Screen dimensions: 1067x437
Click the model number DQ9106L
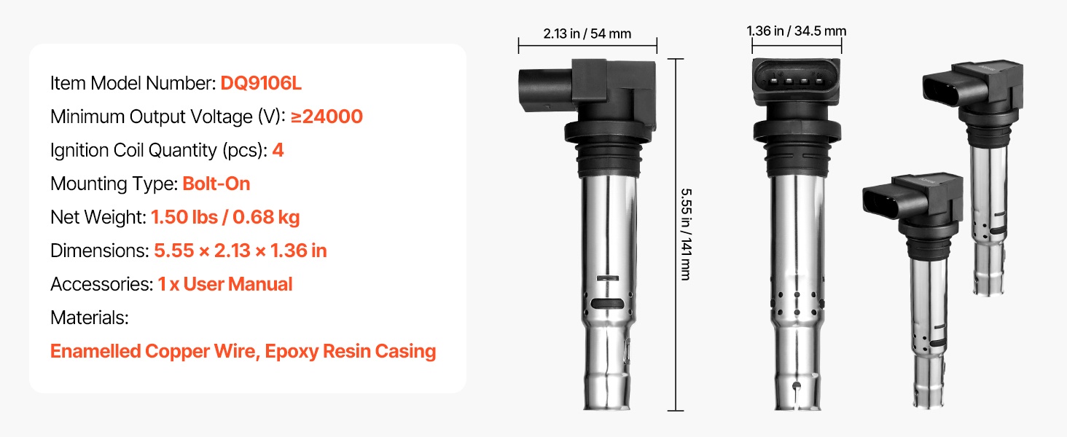tap(261, 83)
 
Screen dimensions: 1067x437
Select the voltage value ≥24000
tap(327, 117)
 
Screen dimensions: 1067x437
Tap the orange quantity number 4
tap(278, 151)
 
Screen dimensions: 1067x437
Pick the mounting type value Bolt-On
tap(216, 184)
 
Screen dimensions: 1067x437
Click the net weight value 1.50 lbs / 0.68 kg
tap(225, 218)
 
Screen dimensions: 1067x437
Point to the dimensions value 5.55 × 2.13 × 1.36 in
tap(241, 251)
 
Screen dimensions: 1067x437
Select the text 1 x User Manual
tap(224, 284)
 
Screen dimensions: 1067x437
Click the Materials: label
tap(90, 318)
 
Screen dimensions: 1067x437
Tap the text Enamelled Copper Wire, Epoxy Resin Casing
tap(243, 351)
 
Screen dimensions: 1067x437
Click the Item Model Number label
tap(133, 83)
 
